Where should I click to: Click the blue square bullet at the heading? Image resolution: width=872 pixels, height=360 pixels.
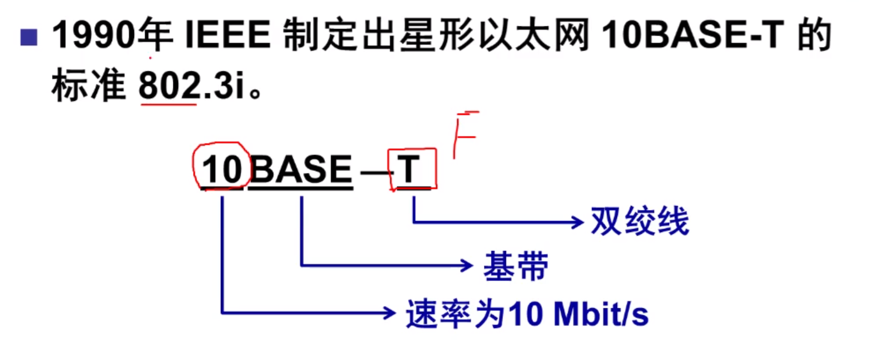(28, 39)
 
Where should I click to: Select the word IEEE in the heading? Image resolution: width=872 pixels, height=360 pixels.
(227, 37)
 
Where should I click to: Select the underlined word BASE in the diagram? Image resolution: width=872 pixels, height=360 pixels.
(301, 170)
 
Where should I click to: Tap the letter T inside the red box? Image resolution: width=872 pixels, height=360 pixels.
(411, 170)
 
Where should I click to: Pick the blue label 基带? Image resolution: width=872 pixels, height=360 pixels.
(516, 266)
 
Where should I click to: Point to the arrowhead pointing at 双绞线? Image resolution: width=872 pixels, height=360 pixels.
(575, 222)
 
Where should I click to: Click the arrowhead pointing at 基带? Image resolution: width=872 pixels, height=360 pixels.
(467, 265)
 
